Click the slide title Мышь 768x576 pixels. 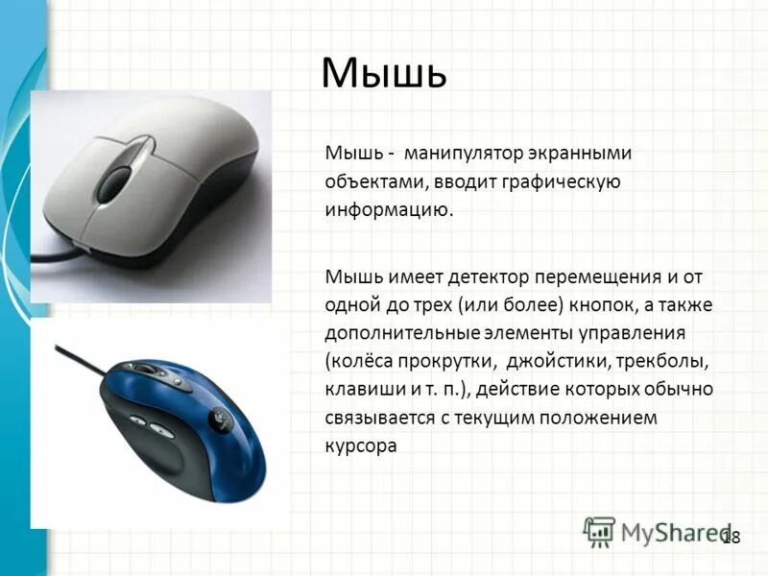coord(384,74)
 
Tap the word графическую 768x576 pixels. coord(563,181)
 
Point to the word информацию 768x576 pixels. coord(388,209)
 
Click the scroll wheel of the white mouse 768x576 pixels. coord(116,179)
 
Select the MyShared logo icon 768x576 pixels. coord(600,532)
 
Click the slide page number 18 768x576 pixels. coord(731,538)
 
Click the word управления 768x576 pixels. coord(628,334)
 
